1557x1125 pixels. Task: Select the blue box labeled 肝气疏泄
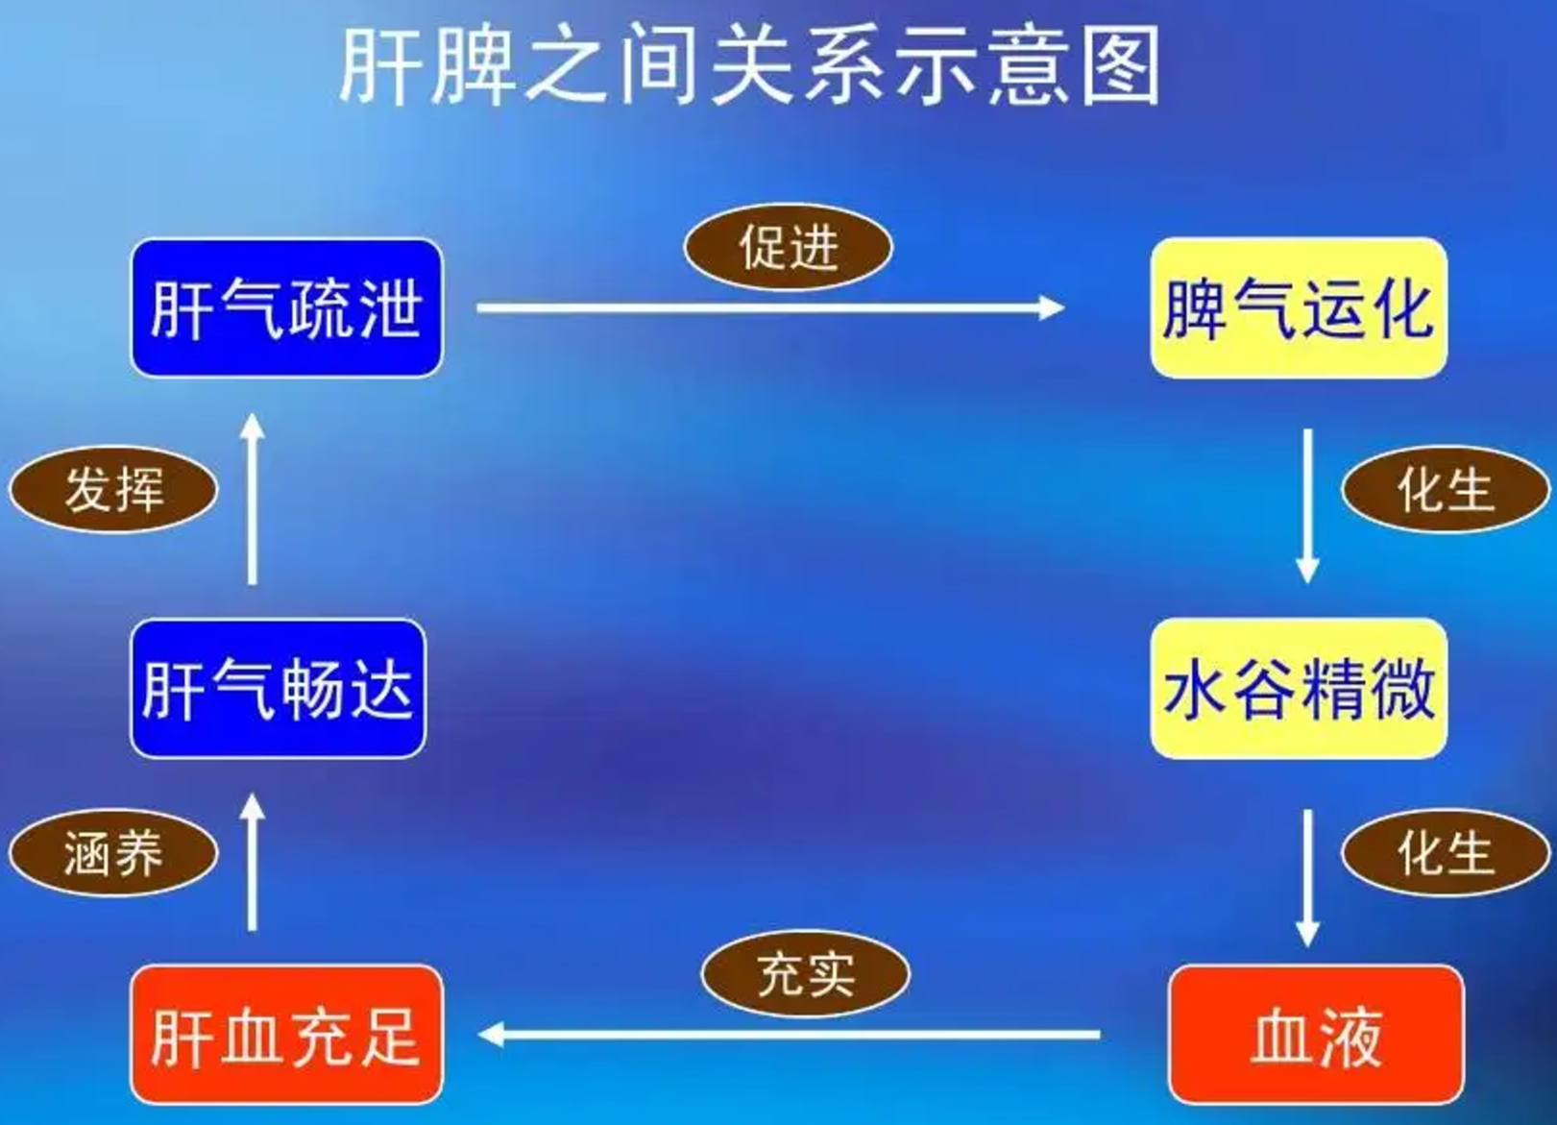coord(286,307)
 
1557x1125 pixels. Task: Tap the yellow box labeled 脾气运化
coord(1299,307)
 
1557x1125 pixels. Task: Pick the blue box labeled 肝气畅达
coord(278,688)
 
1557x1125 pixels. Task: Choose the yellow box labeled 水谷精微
coord(1299,688)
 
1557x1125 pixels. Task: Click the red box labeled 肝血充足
coord(286,1035)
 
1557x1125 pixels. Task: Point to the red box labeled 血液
coord(1316,1035)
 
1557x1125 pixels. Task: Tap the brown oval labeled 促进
coord(788,248)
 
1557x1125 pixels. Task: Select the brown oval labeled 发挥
coord(113,489)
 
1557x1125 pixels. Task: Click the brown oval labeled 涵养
coord(113,853)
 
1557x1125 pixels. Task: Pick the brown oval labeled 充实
coord(805,975)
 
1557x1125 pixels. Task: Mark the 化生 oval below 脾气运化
coord(1445,489)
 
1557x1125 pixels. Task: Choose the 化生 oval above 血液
coord(1445,853)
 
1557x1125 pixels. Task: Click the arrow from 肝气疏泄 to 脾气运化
coord(768,308)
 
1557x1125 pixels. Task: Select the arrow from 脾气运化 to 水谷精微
coord(1307,504)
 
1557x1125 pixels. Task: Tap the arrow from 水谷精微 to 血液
coord(1307,876)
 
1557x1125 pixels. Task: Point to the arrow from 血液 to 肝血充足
coord(788,1035)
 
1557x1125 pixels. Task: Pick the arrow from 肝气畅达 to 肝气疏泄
coord(253,500)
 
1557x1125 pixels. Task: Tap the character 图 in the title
coord(1121,65)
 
